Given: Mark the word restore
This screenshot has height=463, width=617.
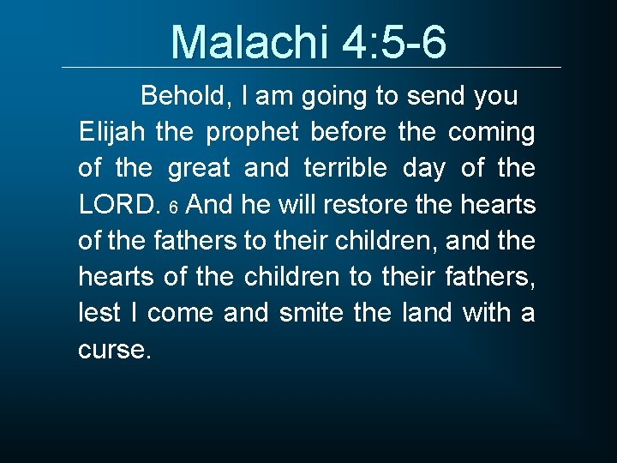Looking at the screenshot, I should [x=353, y=206].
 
